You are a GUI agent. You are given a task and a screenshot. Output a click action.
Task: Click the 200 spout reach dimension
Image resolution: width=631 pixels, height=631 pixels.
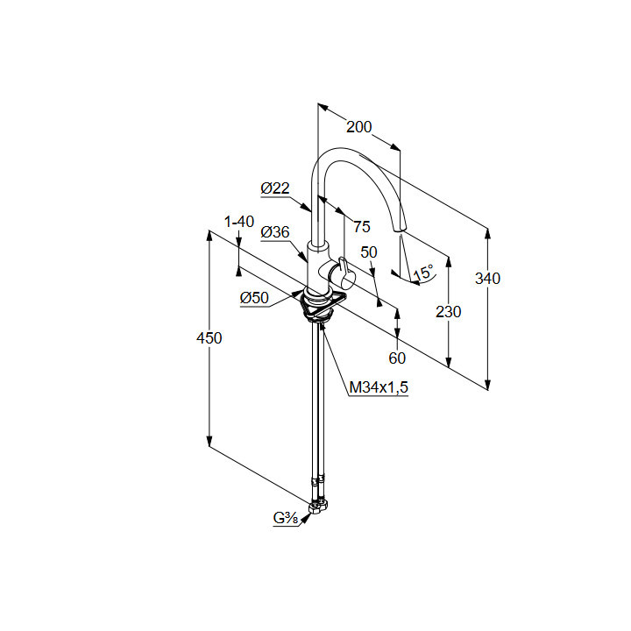click(x=358, y=127)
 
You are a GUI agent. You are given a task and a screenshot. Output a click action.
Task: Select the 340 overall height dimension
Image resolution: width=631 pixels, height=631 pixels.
click(x=487, y=279)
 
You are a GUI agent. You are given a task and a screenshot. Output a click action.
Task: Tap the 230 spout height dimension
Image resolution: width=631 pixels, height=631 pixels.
click(x=448, y=311)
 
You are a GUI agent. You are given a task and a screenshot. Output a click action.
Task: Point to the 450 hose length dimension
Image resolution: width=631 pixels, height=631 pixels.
click(x=209, y=338)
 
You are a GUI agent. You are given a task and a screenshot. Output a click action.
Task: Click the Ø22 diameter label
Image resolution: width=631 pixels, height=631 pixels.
click(x=275, y=188)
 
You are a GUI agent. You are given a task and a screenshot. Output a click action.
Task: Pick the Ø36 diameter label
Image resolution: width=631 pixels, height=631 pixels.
click(x=275, y=232)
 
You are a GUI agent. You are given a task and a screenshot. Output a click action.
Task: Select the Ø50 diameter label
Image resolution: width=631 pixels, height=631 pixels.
click(x=254, y=298)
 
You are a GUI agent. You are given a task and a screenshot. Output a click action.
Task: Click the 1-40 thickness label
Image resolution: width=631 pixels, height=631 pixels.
click(x=238, y=223)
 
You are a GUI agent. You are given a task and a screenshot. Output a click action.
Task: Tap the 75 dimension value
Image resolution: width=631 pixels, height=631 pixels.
click(x=361, y=226)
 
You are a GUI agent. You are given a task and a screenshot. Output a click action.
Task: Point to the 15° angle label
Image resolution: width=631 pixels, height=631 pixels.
click(x=423, y=273)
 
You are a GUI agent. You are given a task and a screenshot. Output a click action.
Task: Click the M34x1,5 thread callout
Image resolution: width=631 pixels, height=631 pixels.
click(x=379, y=387)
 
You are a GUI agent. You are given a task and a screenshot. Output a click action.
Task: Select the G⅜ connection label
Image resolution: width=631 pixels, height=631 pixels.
click(x=286, y=520)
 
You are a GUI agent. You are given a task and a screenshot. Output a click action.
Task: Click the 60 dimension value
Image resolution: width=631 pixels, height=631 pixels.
click(x=397, y=358)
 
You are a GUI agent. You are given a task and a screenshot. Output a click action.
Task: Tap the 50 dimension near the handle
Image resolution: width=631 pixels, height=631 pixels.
click(x=368, y=252)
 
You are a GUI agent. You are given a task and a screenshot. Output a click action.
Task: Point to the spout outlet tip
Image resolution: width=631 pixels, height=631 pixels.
click(x=400, y=230)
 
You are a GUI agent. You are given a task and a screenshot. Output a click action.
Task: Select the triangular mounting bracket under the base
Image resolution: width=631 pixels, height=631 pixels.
click(x=322, y=306)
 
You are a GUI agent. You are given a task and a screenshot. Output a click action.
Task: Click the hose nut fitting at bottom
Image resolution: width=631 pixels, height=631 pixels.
click(x=322, y=507)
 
